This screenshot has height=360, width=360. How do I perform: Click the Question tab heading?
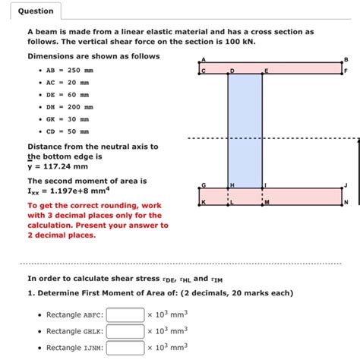pos(36,11)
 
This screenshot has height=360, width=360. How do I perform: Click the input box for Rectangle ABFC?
pos(125,314)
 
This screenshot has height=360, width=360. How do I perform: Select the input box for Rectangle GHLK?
pos(125,331)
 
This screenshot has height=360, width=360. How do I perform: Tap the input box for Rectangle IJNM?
pos(125,348)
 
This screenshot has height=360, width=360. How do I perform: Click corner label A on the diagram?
pos(202,59)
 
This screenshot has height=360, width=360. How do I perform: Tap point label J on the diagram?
pos(346,185)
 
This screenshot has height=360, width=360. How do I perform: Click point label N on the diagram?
pos(346,203)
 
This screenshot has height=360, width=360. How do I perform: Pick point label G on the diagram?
pos(203,185)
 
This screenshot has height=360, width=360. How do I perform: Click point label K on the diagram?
pos(203,203)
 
